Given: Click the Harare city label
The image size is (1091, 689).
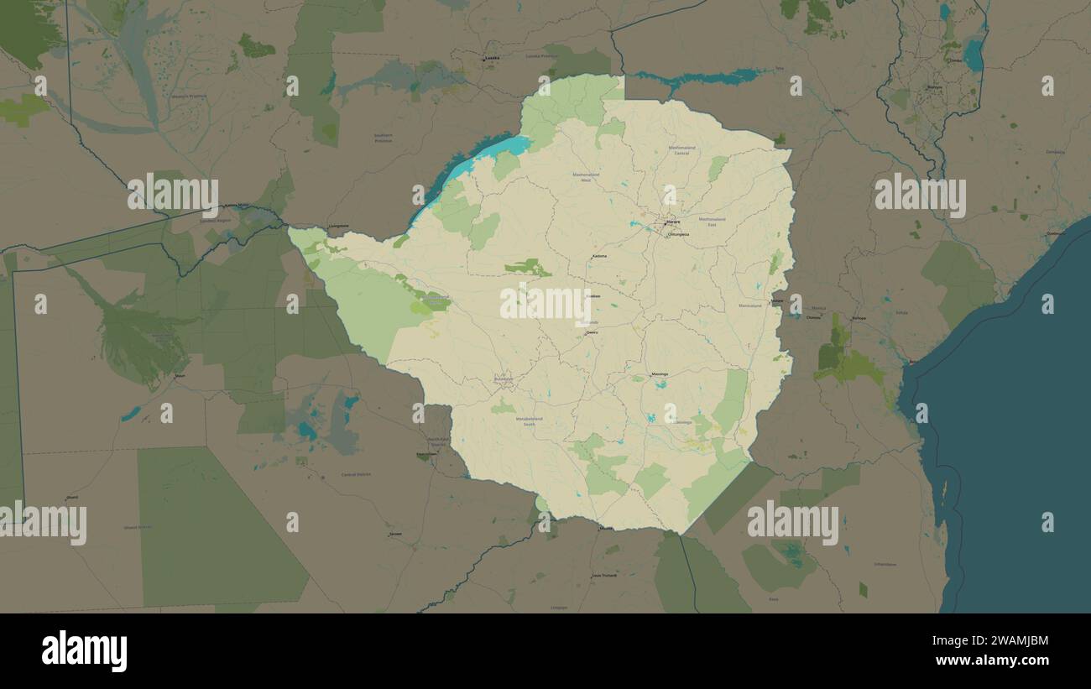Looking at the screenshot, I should click(x=672, y=222).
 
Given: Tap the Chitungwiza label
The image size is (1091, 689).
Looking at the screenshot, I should click(x=677, y=234).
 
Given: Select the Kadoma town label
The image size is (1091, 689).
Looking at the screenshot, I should click(x=599, y=256).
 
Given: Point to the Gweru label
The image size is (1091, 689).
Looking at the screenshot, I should click(x=592, y=332).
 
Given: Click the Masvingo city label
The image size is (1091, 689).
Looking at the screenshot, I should click(x=660, y=374).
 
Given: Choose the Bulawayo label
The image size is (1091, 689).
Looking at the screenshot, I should click(x=504, y=380).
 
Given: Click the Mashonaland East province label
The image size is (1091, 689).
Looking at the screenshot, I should click(x=712, y=222).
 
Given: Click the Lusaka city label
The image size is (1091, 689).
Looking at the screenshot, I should click(x=492, y=58).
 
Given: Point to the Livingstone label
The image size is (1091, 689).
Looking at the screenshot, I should click(x=339, y=226).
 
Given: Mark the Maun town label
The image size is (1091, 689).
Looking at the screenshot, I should click(x=180, y=376).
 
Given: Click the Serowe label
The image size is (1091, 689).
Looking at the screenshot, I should click(x=394, y=534).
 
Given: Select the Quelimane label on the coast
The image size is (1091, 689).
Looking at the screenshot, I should click(x=1055, y=233).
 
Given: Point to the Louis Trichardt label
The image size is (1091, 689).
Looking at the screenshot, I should click(x=603, y=576).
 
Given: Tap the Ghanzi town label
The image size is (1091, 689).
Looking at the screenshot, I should click(x=71, y=497).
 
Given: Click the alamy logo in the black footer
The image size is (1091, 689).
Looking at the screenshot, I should click(x=84, y=651).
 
